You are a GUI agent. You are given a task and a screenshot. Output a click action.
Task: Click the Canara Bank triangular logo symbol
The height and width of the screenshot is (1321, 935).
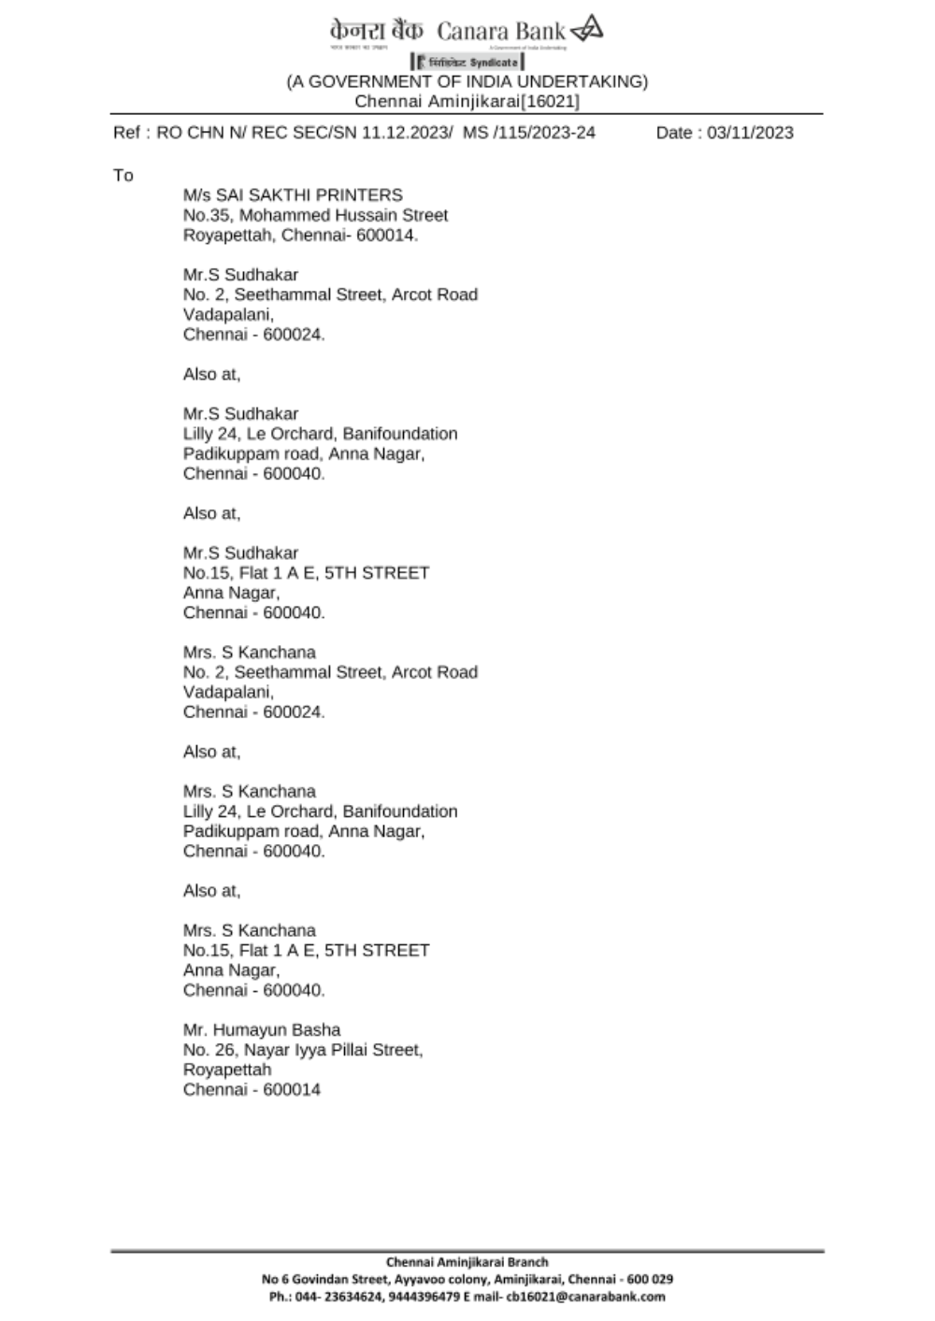coord(587,29)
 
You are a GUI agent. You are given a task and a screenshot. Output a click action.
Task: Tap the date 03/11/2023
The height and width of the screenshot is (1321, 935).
coord(750,133)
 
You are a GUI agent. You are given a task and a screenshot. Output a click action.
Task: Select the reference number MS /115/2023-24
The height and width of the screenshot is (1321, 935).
coord(529,133)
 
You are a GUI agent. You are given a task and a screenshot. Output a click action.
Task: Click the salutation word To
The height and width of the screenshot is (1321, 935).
coord(123,176)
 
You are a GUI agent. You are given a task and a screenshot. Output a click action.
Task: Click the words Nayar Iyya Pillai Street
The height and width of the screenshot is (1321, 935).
coord(334,1050)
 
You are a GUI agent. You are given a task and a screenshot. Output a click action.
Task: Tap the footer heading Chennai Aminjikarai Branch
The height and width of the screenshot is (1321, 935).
coord(467,1262)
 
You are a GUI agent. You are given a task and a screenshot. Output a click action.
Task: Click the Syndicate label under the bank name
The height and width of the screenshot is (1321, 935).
coord(494,63)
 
